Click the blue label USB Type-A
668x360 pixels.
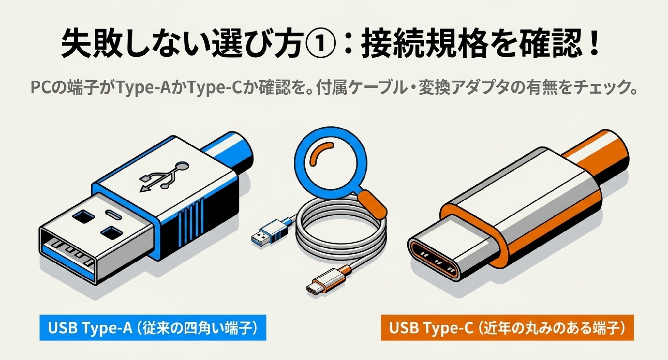[x=153, y=328]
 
